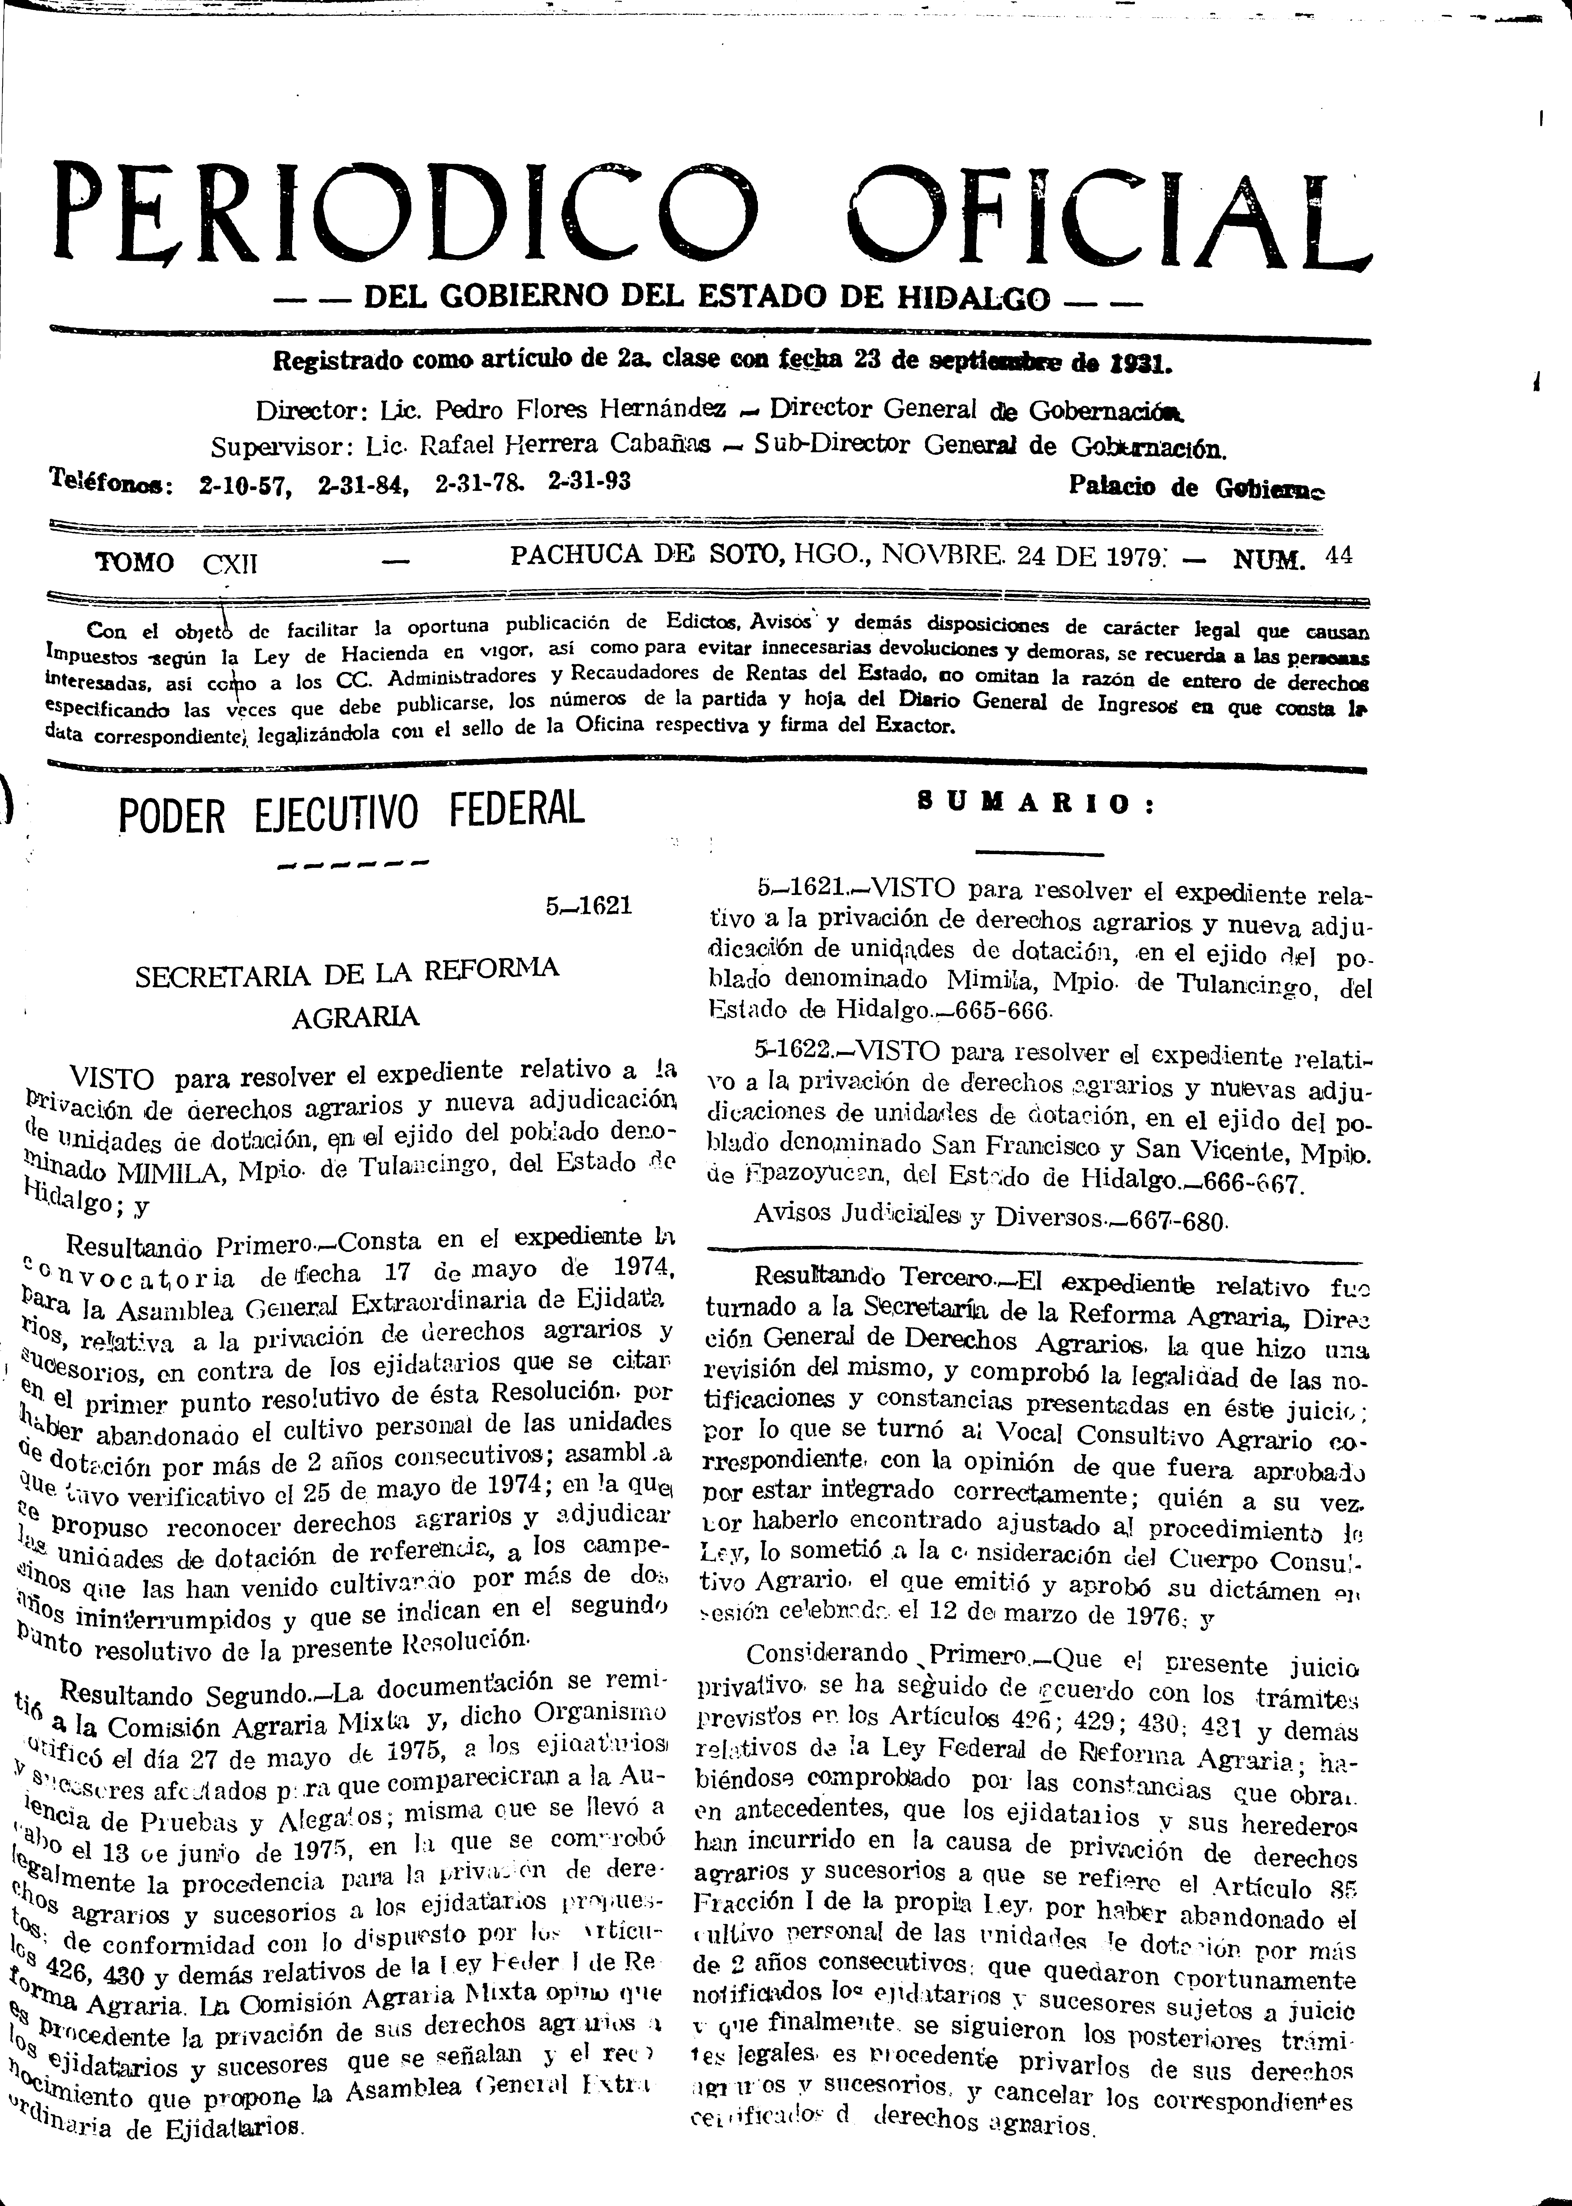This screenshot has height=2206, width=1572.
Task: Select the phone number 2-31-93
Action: [589, 481]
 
